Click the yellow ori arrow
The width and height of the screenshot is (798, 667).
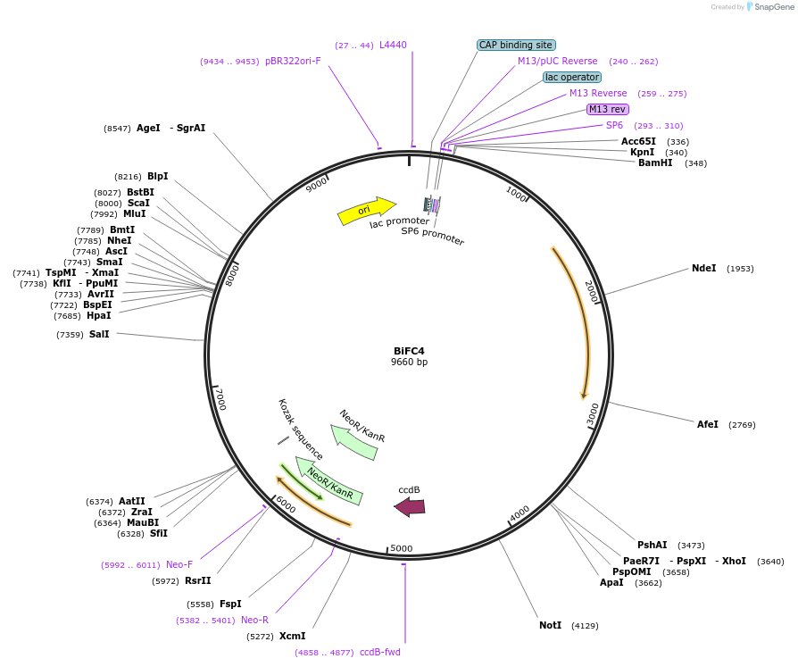pyautogui.click(x=366, y=211)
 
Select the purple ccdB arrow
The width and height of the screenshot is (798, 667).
pyautogui.click(x=410, y=507)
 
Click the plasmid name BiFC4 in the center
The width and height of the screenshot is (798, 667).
pyautogui.click(x=409, y=350)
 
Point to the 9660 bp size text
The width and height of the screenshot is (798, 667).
pyautogui.click(x=409, y=363)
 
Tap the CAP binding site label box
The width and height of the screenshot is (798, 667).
pyautogui.click(x=517, y=45)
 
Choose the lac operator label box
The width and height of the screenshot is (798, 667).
pyautogui.click(x=572, y=77)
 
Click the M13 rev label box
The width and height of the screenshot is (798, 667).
pyautogui.click(x=607, y=109)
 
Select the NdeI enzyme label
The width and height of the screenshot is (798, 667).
pyautogui.click(x=703, y=268)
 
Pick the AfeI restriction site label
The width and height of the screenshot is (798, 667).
pyautogui.click(x=707, y=424)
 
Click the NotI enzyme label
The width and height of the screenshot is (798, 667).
pyautogui.click(x=550, y=625)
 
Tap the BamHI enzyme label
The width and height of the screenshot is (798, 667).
pyautogui.click(x=655, y=163)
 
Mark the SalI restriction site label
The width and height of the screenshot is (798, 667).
pyautogui.click(x=99, y=334)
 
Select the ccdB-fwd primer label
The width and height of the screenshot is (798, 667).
pyautogui.click(x=380, y=652)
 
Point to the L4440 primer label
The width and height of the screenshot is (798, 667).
pyautogui.click(x=393, y=45)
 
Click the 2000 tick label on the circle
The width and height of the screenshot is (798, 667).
pyautogui.click(x=591, y=290)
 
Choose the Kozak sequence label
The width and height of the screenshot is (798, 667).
pyautogui.click(x=300, y=429)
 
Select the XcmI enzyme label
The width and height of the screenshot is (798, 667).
pyautogui.click(x=292, y=636)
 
